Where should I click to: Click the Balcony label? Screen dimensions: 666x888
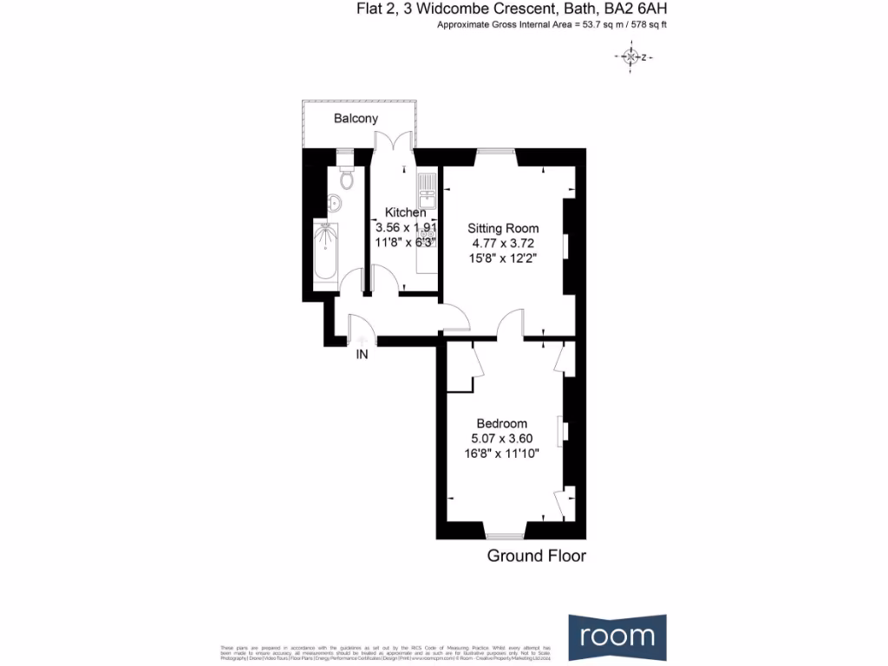(356, 118)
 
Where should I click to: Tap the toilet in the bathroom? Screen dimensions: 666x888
(347, 179)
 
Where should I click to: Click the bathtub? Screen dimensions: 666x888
(326, 252)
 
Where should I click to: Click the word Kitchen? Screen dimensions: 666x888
(405, 212)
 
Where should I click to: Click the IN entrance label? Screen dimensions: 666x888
(362, 355)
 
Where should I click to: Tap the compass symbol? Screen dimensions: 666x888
(630, 57)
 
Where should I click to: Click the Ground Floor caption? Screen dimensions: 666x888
(536, 556)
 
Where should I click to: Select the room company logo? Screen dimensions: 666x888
(617, 636)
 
